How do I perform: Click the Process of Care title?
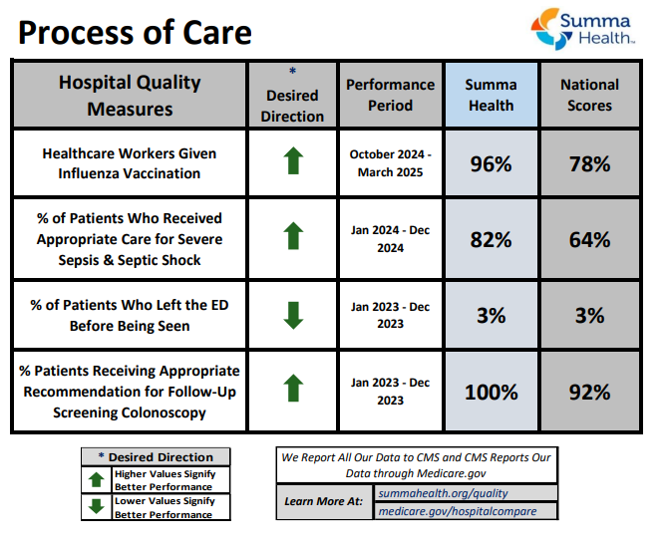(135, 33)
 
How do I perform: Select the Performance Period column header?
(390, 95)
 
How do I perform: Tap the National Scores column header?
(589, 95)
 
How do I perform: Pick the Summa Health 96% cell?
(491, 164)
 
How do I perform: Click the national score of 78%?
(589, 164)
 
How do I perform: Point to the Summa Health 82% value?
(491, 240)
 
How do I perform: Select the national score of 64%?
(589, 240)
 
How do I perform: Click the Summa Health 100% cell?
(491, 392)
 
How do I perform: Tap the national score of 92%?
(589, 392)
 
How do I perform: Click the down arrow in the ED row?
(292, 315)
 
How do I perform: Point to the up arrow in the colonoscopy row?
(292, 388)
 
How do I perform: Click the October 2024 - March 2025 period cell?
(390, 164)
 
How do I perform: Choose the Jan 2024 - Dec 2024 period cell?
(390, 240)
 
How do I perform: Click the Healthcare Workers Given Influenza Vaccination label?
(129, 164)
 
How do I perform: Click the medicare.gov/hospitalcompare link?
(457, 511)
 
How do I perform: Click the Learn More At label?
(323, 501)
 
